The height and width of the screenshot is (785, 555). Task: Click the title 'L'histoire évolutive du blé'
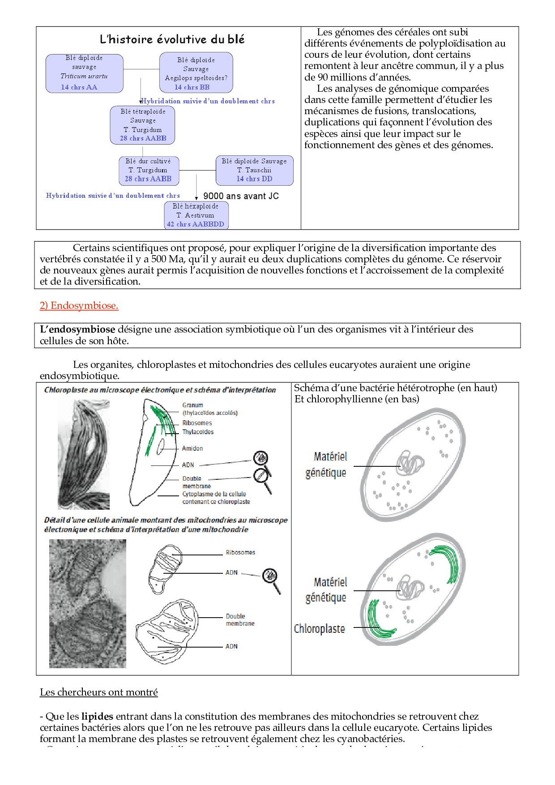click(172, 39)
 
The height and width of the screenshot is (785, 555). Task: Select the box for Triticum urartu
click(84, 73)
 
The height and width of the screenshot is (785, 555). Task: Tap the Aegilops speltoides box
click(196, 73)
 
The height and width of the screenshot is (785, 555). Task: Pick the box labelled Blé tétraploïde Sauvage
click(143, 125)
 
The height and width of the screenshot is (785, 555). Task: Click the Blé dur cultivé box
click(148, 170)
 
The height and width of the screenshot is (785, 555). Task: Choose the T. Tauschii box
click(254, 170)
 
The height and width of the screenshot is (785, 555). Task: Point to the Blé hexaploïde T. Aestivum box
click(197, 215)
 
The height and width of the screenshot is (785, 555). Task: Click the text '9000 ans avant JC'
click(241, 196)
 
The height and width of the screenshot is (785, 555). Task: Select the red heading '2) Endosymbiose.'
click(79, 306)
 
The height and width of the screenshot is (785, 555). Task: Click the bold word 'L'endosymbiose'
click(77, 329)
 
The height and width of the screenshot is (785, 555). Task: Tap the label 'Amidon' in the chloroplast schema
click(192, 448)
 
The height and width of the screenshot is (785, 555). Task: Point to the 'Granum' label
click(192, 405)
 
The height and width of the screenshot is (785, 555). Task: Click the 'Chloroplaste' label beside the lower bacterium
click(319, 629)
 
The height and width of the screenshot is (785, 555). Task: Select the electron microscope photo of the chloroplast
click(84, 454)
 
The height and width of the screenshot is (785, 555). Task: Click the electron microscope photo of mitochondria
click(88, 604)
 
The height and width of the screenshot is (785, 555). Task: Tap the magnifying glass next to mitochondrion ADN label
click(271, 578)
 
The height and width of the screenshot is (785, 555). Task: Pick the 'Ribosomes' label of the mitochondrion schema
click(240, 553)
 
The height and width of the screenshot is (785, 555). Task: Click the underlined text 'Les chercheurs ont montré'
click(99, 692)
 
